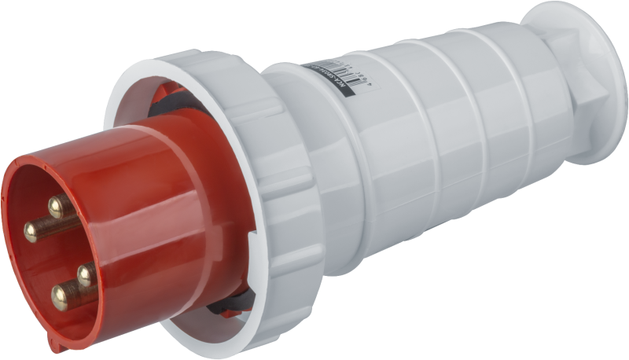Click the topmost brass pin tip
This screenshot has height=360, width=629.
click(x=57, y=207)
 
